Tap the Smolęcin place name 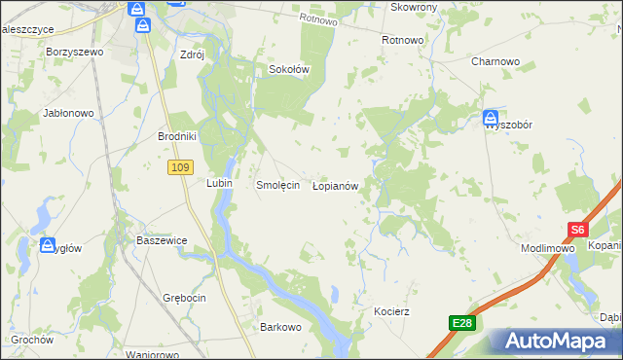click(276, 185)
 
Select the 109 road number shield click(178, 168)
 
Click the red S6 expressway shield click(578, 231)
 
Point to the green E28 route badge click(462, 323)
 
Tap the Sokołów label click(288, 70)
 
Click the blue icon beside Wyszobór click(491, 120)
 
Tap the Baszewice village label click(162, 239)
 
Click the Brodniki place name click(177, 137)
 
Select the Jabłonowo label click(68, 113)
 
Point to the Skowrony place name click(414, 7)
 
